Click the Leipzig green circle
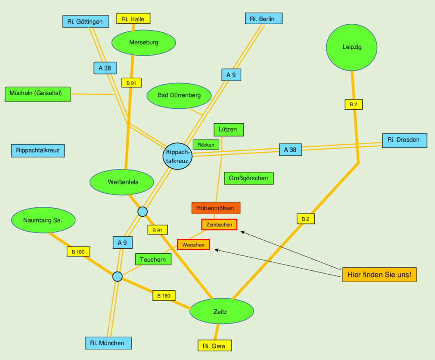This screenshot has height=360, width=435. click(352, 47)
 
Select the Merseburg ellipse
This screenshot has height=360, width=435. click(144, 43)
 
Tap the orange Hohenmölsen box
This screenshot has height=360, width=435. click(216, 208)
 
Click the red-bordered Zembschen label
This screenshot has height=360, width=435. click(219, 224)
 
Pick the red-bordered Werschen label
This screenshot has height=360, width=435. click(193, 244)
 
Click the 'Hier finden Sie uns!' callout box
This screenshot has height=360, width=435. click(379, 275)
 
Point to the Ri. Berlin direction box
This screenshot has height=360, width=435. click(263, 19)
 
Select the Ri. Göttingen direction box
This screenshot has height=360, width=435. click(85, 22)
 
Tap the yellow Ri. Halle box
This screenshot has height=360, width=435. click(133, 19)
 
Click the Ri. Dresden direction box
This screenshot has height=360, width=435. click(404, 140)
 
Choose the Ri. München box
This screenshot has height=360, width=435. click(108, 343)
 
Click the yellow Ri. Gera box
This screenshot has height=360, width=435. click(215, 345)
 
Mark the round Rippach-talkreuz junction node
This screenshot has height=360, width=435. click(178, 156)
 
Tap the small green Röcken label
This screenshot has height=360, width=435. click(206, 145)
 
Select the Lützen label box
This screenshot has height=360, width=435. click(228, 130)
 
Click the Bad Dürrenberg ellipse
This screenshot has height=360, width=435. click(179, 95)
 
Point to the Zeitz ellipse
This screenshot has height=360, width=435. click(221, 312)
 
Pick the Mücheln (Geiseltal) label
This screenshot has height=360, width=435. click(38, 94)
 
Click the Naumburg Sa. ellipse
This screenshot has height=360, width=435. click(43, 220)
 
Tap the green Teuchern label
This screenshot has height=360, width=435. click(153, 259)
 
